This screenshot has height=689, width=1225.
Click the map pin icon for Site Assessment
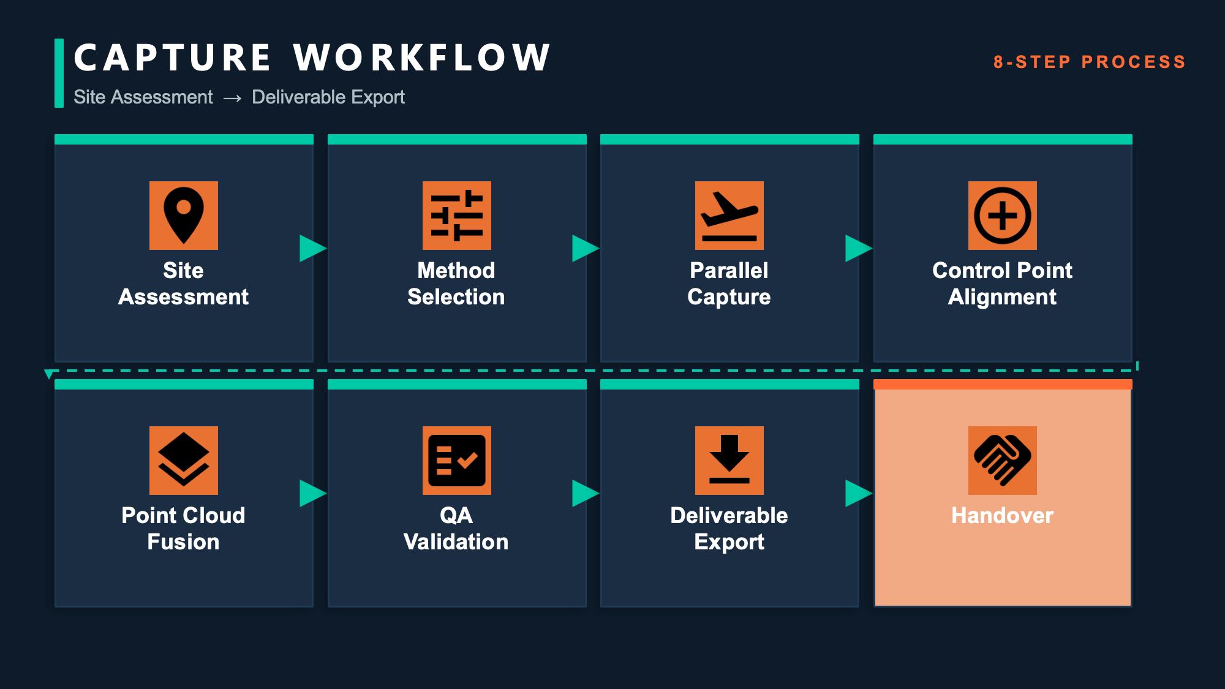(x=184, y=216)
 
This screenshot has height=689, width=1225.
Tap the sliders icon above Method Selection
(x=457, y=216)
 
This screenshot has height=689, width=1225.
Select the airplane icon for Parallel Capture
(x=729, y=216)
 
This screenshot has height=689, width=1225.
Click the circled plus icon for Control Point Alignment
(x=1003, y=216)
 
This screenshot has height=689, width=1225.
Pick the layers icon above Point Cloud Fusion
(x=184, y=461)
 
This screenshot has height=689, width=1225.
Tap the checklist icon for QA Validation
(x=457, y=461)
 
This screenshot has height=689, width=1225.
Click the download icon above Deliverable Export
(x=729, y=461)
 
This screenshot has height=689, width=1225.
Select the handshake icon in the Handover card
(x=1003, y=461)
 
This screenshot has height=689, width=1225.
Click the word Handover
(x=1003, y=516)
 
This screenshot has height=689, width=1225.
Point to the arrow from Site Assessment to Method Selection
(x=313, y=249)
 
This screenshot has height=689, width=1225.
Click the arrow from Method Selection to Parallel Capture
(x=586, y=249)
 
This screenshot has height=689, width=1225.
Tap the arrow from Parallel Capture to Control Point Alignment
(x=859, y=249)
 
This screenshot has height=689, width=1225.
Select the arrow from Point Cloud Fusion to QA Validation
(x=313, y=494)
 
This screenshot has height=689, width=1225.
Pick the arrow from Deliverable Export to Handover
(x=859, y=494)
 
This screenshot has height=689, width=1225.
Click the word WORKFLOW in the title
(x=422, y=58)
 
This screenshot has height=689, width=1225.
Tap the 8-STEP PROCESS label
(x=1090, y=62)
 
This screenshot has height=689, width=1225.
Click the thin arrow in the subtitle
(x=233, y=98)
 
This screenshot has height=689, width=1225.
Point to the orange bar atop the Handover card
(x=1003, y=385)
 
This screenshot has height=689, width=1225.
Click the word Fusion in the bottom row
(x=183, y=542)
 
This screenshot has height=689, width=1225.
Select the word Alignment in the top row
(x=1002, y=297)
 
